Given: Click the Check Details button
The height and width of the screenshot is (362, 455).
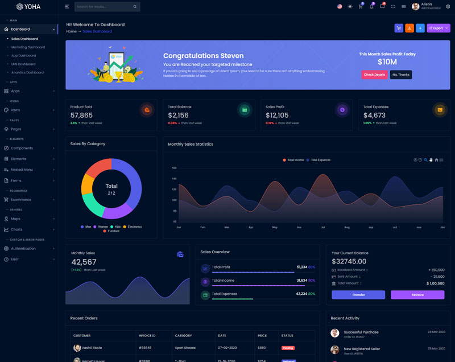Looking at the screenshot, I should [374, 75].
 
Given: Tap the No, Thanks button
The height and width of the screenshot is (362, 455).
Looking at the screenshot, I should [401, 75].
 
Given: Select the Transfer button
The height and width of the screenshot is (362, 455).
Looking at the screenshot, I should [358, 295].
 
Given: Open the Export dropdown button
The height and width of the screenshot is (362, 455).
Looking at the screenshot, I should [438, 28].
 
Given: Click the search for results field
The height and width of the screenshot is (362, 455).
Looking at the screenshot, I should [104, 7].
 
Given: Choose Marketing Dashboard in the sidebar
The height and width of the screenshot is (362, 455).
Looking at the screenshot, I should [28, 47].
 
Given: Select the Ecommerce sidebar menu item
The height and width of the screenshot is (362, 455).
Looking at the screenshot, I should [21, 200].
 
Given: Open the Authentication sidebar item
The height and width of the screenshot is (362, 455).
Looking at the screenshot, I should [23, 249].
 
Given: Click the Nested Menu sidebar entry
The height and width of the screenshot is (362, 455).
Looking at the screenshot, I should [22, 170].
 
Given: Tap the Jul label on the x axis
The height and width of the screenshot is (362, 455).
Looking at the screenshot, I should [322, 227].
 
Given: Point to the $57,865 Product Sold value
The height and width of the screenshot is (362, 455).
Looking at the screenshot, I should [81, 116].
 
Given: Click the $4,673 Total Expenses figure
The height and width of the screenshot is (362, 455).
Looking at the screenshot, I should [374, 116].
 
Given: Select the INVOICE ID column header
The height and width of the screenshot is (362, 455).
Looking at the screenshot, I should [147, 335].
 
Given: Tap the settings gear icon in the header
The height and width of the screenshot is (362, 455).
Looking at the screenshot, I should [448, 7].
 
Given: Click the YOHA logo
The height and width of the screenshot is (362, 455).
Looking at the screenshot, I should [28, 7].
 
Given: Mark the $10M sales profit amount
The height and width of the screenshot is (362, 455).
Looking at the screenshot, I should [387, 62].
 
